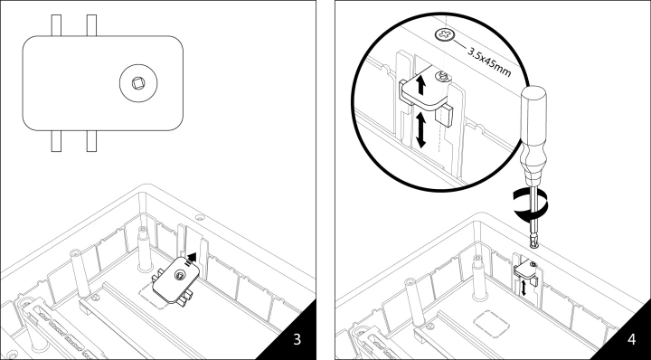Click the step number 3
click(297, 339)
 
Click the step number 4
click(631, 339)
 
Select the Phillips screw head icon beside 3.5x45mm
click(445, 35)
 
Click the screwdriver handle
click(534, 137)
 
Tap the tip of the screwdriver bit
click(534, 246)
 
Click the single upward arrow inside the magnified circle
click(421, 85)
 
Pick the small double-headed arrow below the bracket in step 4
click(524, 288)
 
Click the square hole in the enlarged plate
click(138, 83)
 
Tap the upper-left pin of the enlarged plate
click(56, 25)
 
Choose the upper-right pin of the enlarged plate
click(91, 25)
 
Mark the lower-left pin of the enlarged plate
click(56, 141)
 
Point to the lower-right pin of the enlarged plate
click(91, 141)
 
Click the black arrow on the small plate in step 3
click(191, 259)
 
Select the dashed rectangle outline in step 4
click(492, 324)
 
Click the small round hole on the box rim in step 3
click(200, 217)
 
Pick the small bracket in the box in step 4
click(525, 272)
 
